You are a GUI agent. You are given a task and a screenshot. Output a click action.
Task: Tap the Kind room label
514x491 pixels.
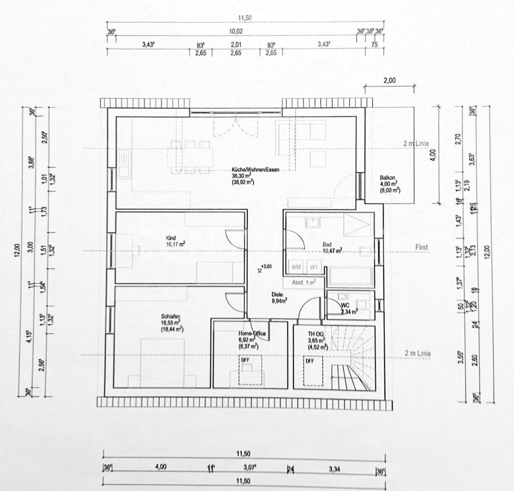tap(171, 238)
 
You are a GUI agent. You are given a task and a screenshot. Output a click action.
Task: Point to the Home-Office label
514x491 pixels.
tap(252, 333)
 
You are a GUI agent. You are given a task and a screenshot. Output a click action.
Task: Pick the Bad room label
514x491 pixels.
tap(327, 244)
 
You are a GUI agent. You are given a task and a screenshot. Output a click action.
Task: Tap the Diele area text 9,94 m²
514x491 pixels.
tap(279, 301)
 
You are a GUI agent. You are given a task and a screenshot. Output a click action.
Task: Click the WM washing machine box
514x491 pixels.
tap(296, 267)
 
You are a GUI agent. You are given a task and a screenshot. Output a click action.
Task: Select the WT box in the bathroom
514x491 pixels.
tap(314, 267)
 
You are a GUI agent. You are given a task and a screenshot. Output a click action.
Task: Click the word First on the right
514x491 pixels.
tap(421, 247)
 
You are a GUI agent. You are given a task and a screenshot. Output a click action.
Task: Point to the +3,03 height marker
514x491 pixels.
tap(266, 266)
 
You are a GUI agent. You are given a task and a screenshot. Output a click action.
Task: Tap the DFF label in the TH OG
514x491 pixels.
tap(310, 361)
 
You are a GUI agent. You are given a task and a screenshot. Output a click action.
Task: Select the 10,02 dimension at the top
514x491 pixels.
tap(236, 31)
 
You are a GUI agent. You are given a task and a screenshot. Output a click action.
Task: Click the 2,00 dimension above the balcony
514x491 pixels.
tap(389, 81)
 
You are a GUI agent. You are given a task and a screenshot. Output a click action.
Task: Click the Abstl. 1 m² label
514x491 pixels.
tap(303, 283)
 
